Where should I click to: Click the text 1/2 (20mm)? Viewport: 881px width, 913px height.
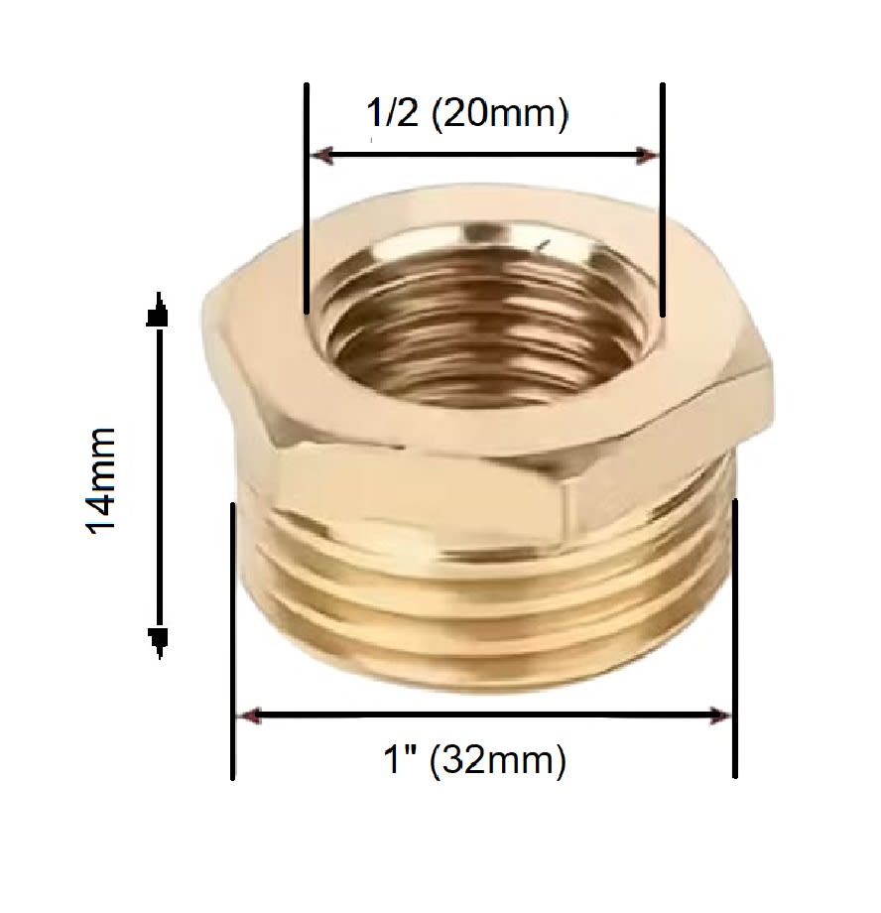click(467, 114)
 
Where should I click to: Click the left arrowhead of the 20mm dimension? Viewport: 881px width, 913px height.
click(320, 155)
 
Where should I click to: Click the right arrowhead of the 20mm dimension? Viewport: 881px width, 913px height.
click(649, 155)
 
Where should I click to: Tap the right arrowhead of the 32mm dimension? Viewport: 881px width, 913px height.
click(721, 716)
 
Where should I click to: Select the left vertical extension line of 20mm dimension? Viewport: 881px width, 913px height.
click(307, 198)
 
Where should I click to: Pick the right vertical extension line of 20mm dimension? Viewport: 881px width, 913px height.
click(663, 198)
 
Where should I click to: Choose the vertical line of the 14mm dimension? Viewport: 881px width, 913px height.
click(157, 476)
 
